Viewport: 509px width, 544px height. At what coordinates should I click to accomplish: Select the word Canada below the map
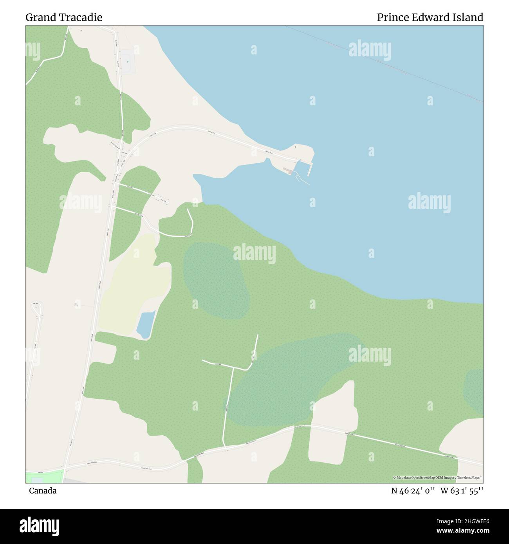(x=42, y=490)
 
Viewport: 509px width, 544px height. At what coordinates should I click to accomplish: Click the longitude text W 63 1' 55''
(x=462, y=490)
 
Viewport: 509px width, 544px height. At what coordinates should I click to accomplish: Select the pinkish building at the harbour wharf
(x=288, y=170)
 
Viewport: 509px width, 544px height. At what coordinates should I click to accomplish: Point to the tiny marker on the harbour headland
(x=295, y=147)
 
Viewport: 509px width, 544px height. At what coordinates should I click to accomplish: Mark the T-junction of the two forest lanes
(x=233, y=368)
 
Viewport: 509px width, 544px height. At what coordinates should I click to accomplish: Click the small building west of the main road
(x=76, y=304)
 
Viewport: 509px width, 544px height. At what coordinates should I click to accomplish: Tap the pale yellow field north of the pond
(x=135, y=282)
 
